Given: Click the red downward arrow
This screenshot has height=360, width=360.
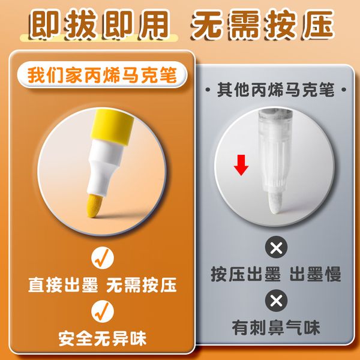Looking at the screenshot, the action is coord(241,165).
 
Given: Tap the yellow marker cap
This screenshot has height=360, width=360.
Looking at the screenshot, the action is coord(112,127).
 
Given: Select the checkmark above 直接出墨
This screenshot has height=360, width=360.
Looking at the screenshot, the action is coord(103,258).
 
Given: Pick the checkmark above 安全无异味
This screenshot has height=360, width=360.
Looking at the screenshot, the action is coord(103,311).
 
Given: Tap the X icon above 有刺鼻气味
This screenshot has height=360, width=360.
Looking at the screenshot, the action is coord(276,301).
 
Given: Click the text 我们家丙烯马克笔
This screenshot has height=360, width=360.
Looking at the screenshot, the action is coord(102,75).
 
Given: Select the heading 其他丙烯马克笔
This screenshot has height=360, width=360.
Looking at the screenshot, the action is coord(275,89).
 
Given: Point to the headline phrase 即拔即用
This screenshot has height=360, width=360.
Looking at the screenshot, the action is coord(100,23).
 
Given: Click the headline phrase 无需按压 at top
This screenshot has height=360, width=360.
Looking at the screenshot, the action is coord(262,23).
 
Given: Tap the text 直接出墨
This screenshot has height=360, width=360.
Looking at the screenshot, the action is coord(63,284).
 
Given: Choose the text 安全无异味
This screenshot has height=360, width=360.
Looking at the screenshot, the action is coord(103,338).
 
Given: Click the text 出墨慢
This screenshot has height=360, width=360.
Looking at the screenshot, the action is coord(316,274).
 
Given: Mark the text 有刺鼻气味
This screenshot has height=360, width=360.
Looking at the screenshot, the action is coord(276,328).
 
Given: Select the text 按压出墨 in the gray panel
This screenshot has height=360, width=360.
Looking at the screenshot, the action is coord(245,274).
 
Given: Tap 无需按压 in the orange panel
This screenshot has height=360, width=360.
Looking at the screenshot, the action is coord(142,284).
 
